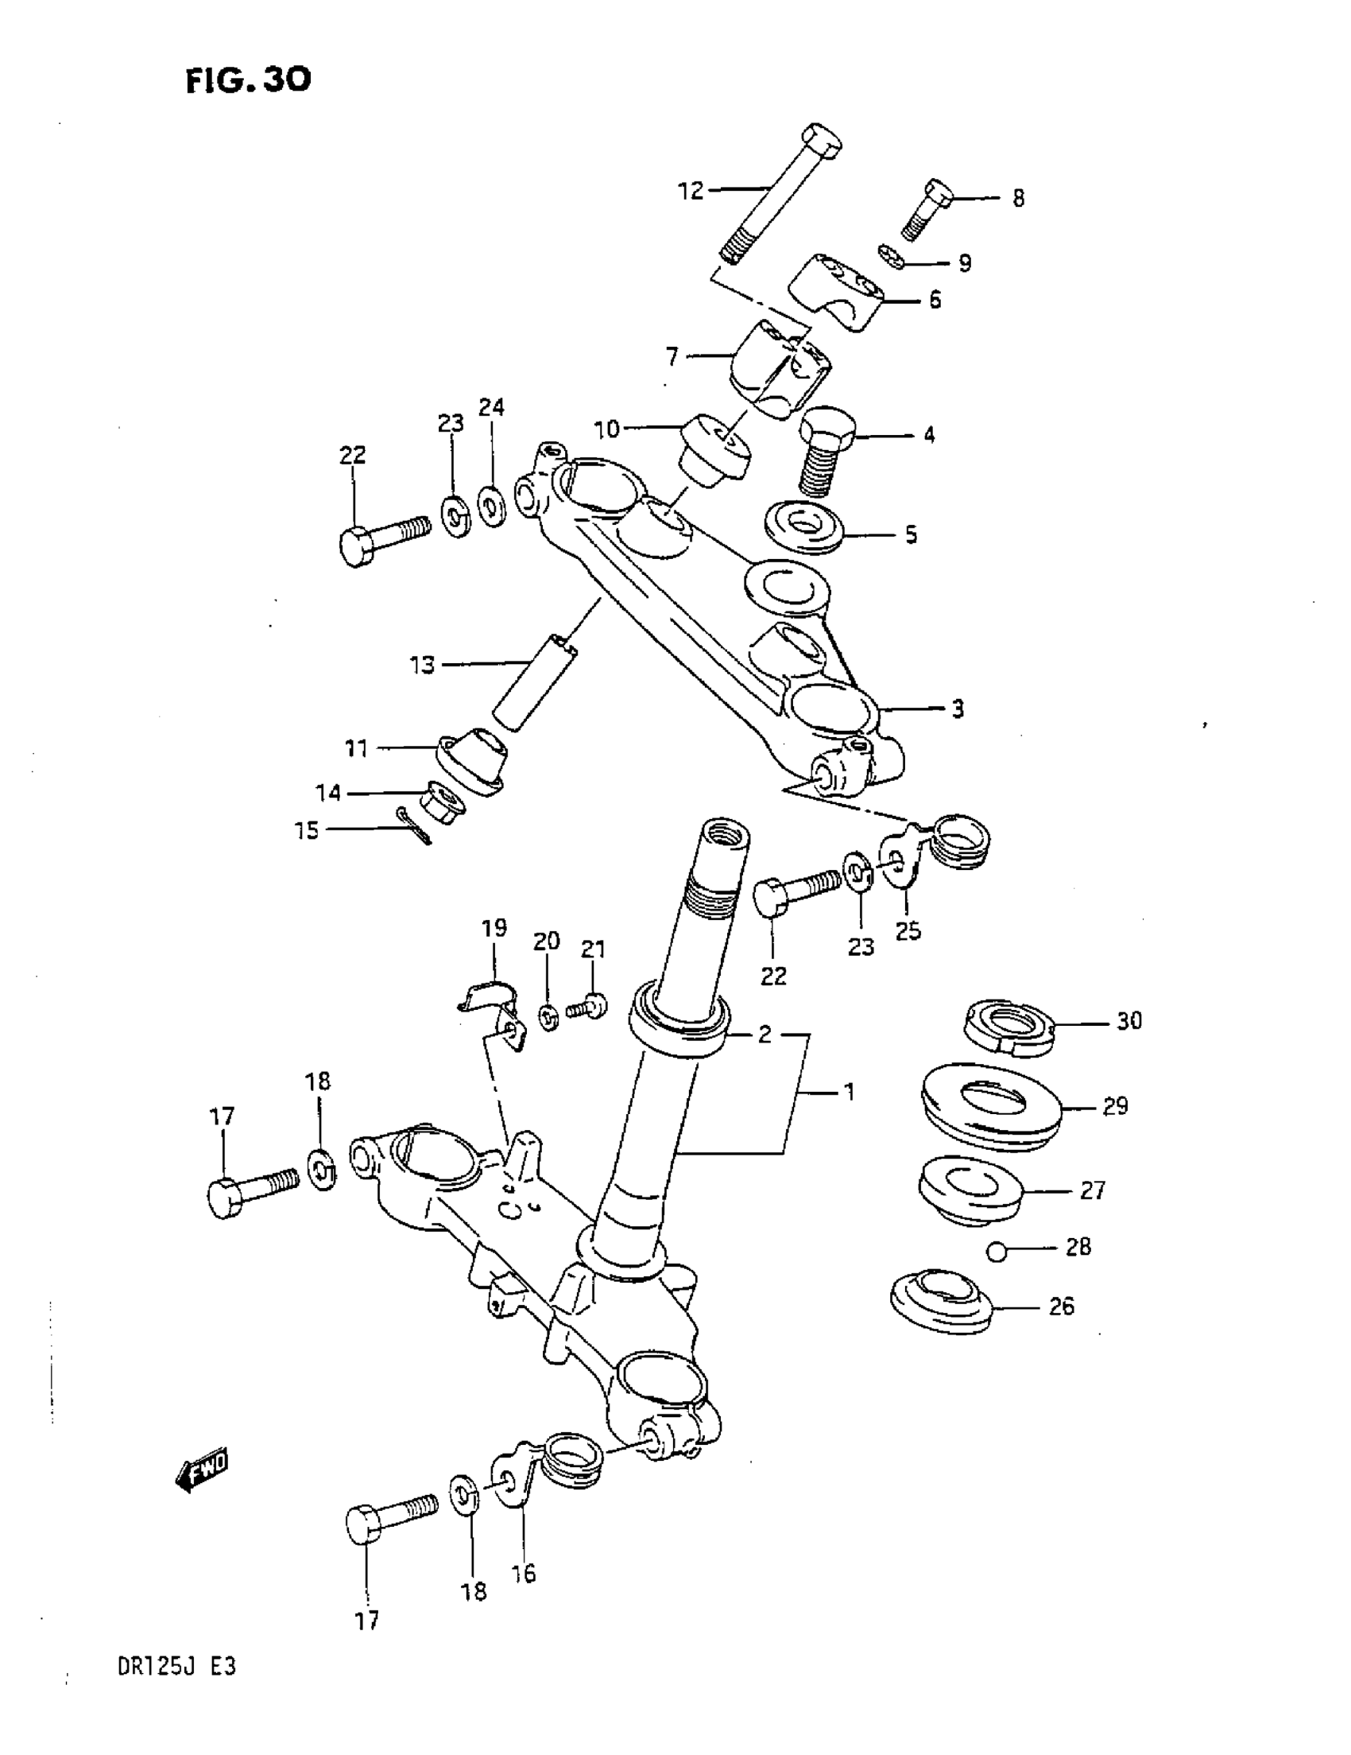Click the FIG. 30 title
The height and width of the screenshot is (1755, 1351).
coord(248,80)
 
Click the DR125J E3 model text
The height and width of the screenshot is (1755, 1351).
coord(176,1688)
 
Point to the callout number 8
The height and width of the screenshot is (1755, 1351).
coord(1018,199)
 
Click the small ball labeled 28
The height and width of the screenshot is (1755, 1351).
coord(996,1251)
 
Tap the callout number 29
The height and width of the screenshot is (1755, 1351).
coord(1115,1107)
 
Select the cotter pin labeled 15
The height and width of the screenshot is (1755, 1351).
coord(416,829)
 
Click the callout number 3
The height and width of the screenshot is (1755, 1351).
coord(958,709)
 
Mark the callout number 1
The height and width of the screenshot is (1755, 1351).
coord(848,1093)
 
